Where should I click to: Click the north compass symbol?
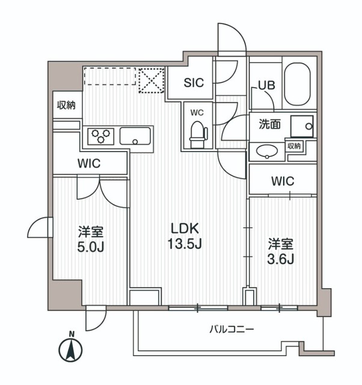72,348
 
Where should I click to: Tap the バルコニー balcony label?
232,330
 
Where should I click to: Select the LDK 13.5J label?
185,236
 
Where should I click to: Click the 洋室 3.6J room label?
280,251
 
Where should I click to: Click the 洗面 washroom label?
270,125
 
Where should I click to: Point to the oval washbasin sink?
265,151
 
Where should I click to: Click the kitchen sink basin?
137,136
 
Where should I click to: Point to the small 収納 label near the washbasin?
293,146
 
